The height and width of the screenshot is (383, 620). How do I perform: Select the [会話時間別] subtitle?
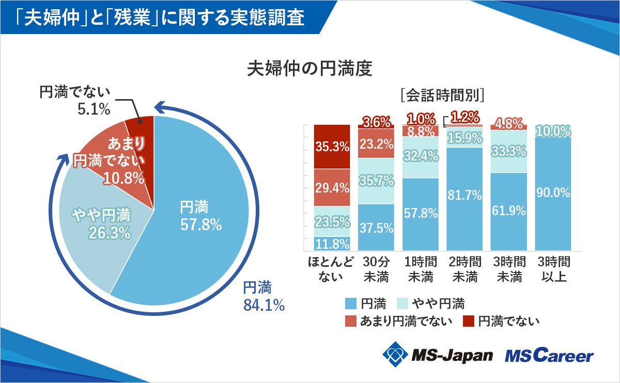coord(442,95)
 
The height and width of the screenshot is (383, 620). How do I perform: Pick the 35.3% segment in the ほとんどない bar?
coord(332,147)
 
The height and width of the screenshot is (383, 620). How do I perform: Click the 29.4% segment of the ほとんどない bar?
coord(332,188)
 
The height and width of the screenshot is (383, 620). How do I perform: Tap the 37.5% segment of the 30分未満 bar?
coord(376,228)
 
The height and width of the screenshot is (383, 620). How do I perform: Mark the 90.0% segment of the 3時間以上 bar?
coord(553,194)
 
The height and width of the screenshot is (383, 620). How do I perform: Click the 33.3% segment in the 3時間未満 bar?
coord(509,151)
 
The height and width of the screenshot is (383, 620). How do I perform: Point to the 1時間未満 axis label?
coord(421,269)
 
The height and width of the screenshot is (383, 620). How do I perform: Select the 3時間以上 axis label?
coord(553,269)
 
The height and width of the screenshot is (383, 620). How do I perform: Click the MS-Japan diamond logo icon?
coord(395,355)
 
